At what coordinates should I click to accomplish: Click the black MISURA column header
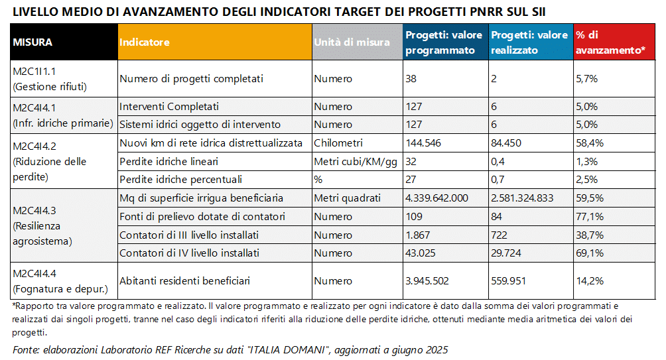64,42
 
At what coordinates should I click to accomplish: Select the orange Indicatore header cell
214,42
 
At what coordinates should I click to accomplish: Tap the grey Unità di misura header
356,42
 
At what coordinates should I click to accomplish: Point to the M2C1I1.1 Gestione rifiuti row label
50,79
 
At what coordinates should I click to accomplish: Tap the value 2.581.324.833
522,198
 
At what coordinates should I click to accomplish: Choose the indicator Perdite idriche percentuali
180,179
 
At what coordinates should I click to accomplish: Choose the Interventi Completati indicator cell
169,106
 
